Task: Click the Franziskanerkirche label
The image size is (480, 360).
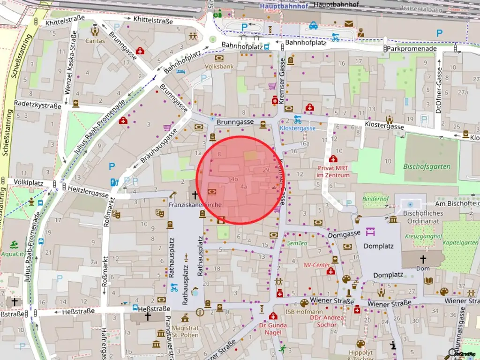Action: coord(195,205)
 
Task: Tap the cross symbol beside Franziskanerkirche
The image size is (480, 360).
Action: coord(195,194)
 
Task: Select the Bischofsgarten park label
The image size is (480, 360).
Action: coord(427,166)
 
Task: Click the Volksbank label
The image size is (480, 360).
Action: coord(219,67)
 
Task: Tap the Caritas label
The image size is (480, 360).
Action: coord(95,41)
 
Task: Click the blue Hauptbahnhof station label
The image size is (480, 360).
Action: coord(284,6)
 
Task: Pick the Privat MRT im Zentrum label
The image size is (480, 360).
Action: coord(333,172)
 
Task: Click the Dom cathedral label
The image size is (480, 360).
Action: coord(423,269)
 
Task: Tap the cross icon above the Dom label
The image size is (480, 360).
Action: coord(423,259)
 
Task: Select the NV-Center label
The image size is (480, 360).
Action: coord(317,265)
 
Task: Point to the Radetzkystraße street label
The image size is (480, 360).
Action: coord(37,105)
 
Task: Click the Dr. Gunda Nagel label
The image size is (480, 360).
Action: coord(273,329)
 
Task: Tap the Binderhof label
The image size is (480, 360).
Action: coord(375,199)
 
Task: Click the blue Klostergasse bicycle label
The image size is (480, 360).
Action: coord(297,127)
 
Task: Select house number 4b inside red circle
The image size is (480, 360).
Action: coord(234,179)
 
